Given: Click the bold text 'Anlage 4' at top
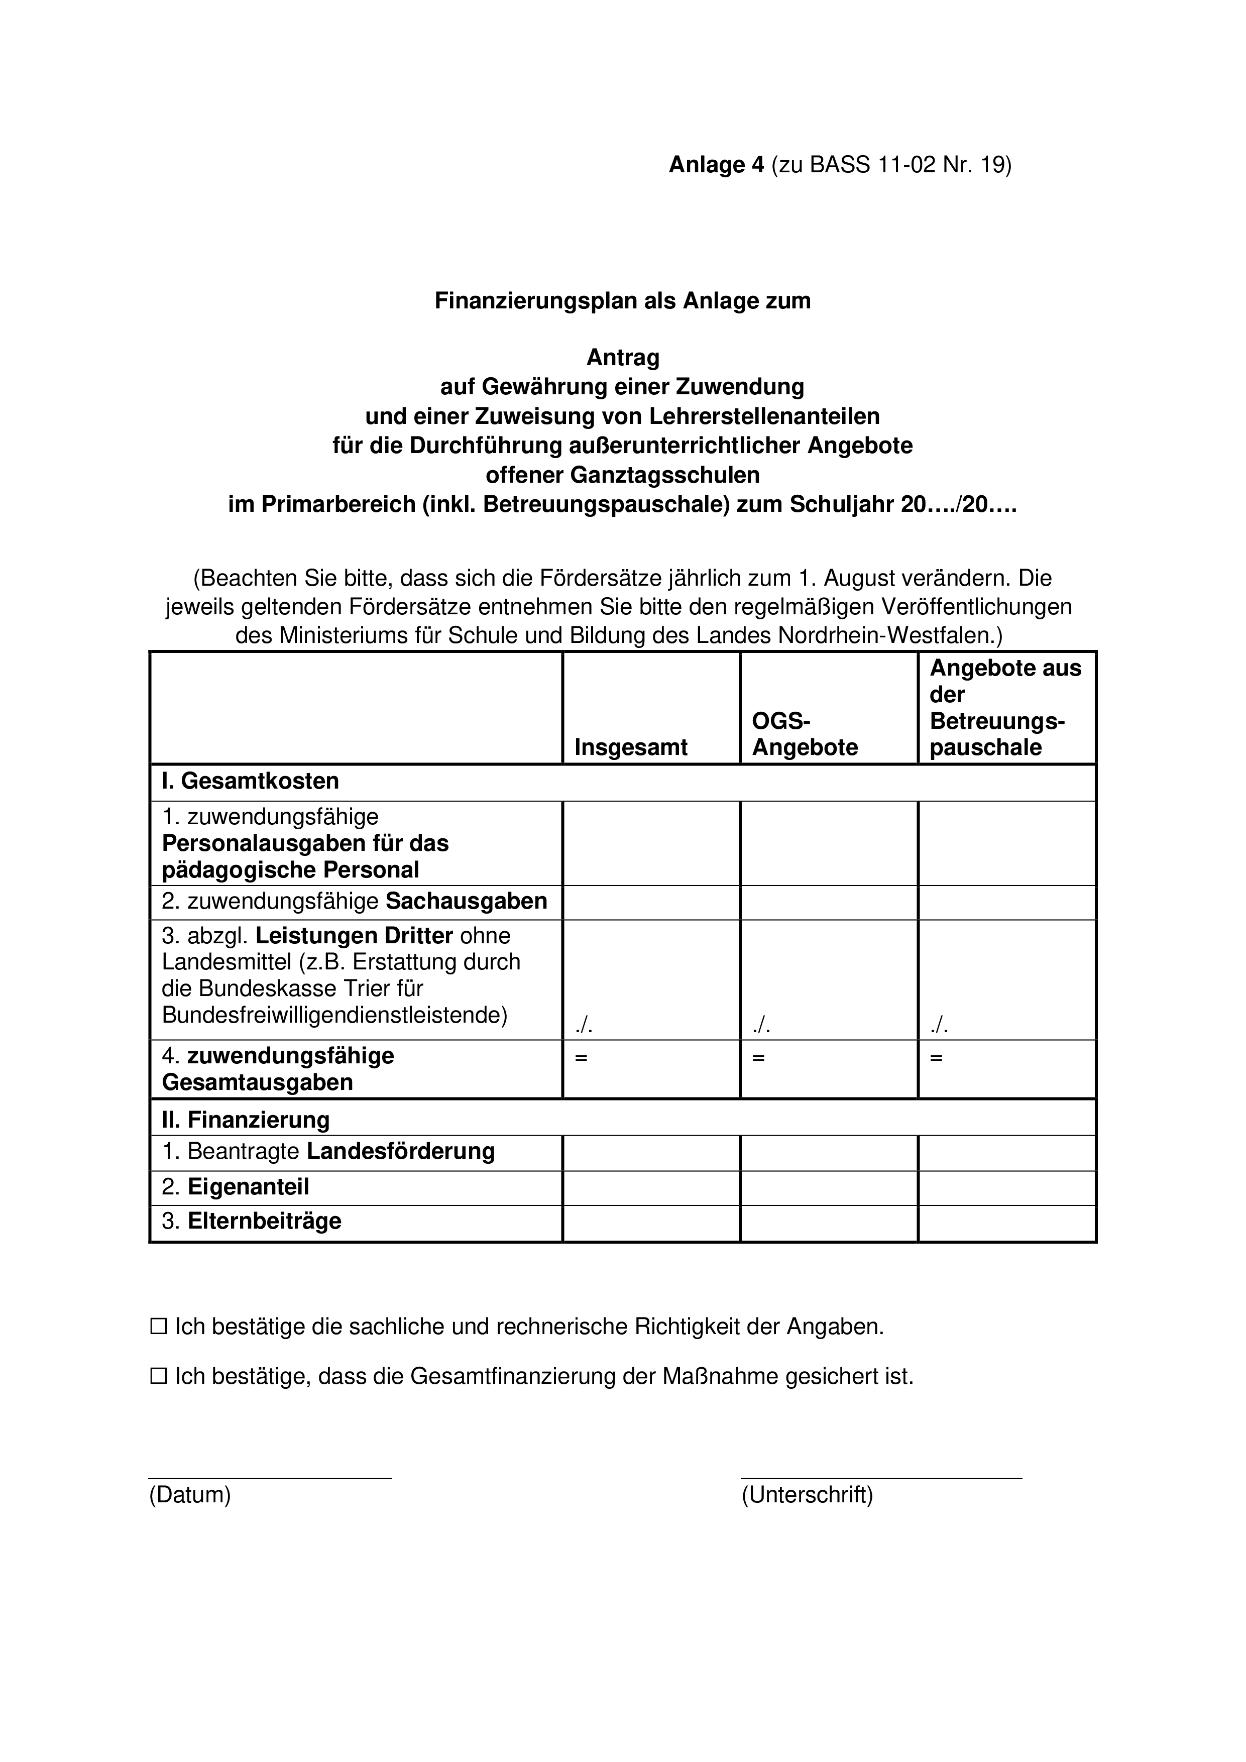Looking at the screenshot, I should pos(717,165).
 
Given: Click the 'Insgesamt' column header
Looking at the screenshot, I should pos(631,747).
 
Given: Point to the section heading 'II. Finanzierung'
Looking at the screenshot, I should pos(246,1120).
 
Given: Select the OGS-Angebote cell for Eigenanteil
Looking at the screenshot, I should pos(829,1187).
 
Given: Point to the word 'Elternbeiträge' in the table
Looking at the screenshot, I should pos(264,1221).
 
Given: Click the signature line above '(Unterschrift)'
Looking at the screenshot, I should pos(881,1477).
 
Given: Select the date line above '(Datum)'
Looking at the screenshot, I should pos(270,1477).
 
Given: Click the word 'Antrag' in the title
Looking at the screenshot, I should pos(623,358).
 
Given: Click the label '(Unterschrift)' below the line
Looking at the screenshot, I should pos(807,1494).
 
